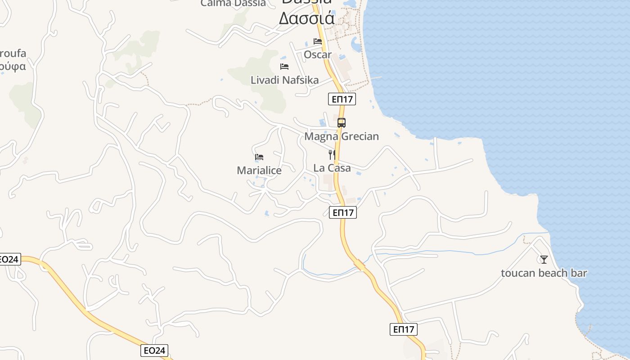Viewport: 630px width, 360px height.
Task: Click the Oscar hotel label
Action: [317, 55]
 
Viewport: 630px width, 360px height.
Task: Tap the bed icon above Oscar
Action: [318, 41]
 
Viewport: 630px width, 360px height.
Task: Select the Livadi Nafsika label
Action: [284, 81]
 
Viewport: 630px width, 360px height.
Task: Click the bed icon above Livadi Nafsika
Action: [284, 67]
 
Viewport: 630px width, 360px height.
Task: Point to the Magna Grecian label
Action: [342, 136]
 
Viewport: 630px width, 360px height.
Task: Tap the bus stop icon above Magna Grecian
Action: [342, 122]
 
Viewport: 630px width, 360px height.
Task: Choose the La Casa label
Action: [332, 168]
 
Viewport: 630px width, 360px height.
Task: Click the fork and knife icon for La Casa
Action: [332, 155]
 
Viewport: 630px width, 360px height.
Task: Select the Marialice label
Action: [259, 171]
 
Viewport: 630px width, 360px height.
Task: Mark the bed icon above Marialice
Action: [259, 157]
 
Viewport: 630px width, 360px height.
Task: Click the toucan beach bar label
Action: [544, 273]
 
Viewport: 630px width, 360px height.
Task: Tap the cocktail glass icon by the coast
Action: [544, 259]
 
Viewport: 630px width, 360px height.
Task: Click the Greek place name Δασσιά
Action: [306, 18]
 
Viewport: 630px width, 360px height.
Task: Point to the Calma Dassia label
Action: [233, 4]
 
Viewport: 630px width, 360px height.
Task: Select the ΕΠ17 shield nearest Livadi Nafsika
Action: [342, 99]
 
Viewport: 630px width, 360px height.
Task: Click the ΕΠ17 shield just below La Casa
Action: [343, 212]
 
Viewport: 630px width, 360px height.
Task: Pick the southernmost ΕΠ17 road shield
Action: [403, 329]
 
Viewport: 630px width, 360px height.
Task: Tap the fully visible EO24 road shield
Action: [154, 351]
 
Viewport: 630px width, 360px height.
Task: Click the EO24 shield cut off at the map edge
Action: [9, 259]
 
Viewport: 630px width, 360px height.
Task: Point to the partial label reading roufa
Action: [13, 54]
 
